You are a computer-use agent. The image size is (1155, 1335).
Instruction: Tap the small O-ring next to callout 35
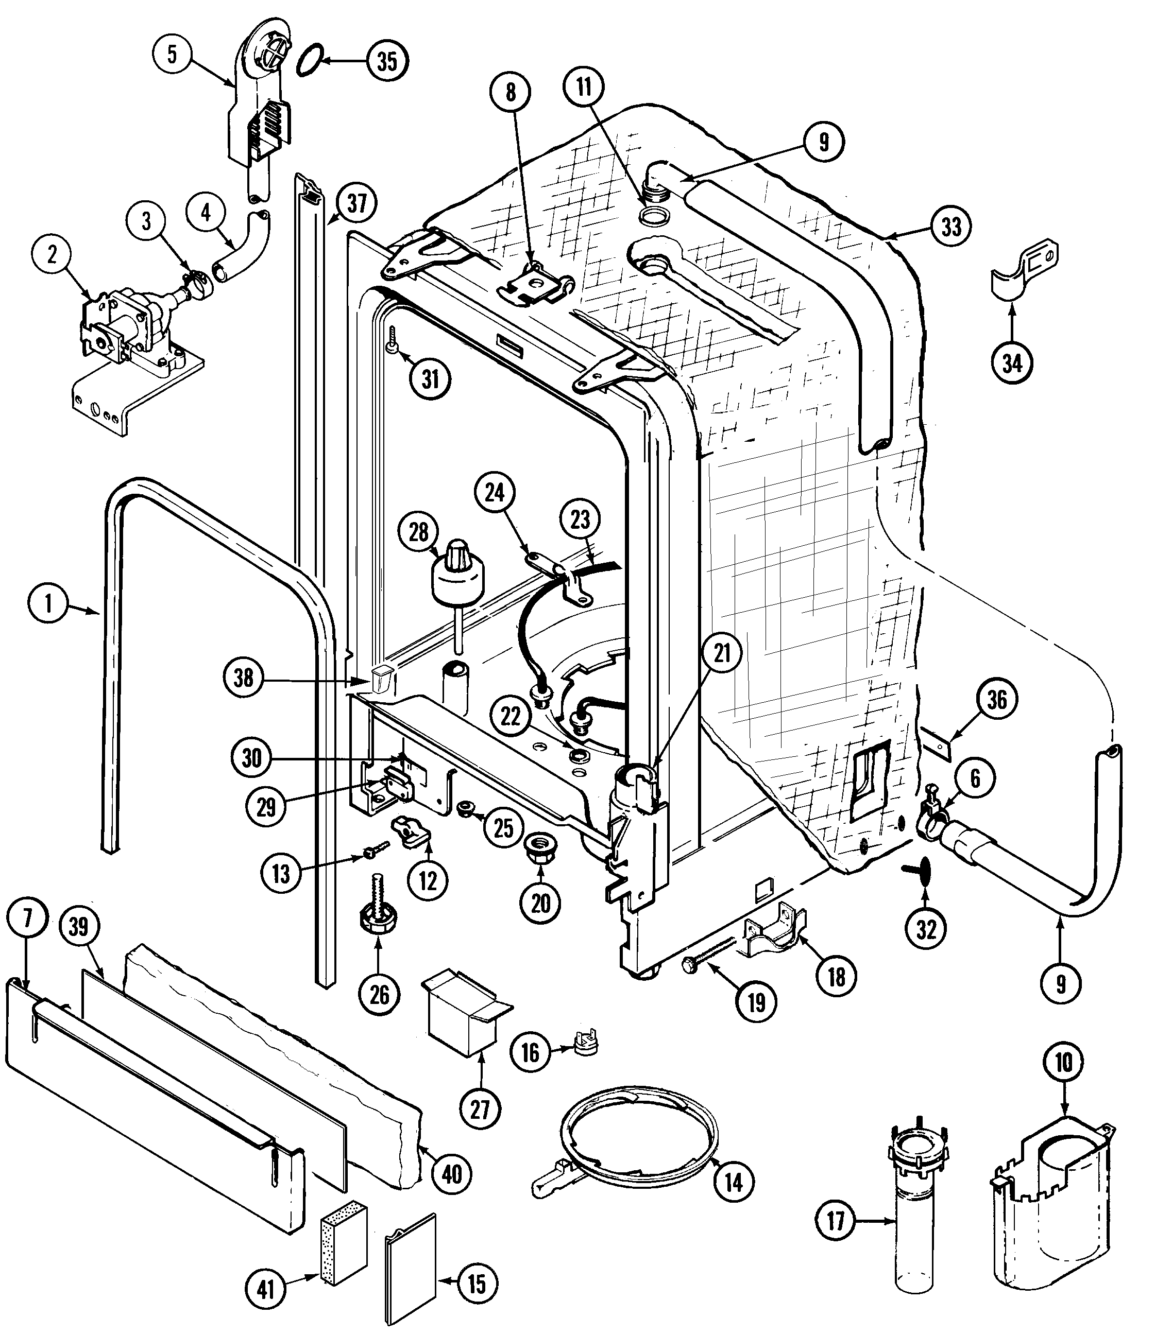(310, 59)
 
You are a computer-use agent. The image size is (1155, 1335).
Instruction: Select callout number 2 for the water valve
(51, 254)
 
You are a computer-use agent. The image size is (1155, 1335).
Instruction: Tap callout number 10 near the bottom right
(1063, 1061)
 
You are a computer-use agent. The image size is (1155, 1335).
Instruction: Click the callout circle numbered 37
(356, 203)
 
